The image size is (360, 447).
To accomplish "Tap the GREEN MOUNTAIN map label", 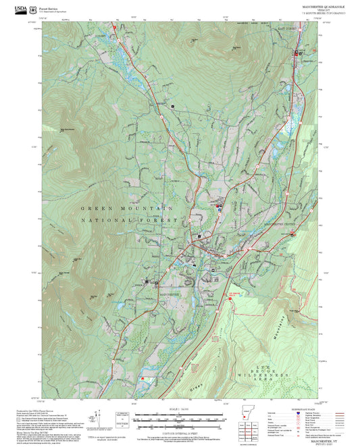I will click(x=126, y=209).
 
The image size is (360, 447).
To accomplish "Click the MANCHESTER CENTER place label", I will click(x=280, y=223).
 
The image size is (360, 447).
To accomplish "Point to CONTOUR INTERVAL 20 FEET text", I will click(x=178, y=432).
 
